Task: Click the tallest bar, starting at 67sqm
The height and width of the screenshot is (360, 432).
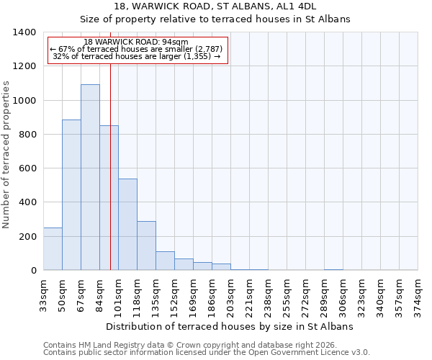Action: pos(90,177)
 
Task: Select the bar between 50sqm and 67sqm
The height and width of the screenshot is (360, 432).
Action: pos(71,195)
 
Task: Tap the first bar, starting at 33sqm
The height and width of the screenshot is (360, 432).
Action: pos(53,248)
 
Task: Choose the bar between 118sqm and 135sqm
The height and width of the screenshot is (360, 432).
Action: pos(146,246)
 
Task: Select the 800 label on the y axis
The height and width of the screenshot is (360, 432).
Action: pos(27,135)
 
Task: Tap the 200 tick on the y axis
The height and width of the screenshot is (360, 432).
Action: pos(27,237)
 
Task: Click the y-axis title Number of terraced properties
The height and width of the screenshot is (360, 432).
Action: pos(7,155)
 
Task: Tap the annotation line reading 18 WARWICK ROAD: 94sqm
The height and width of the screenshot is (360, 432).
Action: pos(135,42)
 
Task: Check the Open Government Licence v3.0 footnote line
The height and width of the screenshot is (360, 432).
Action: pos(207,352)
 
